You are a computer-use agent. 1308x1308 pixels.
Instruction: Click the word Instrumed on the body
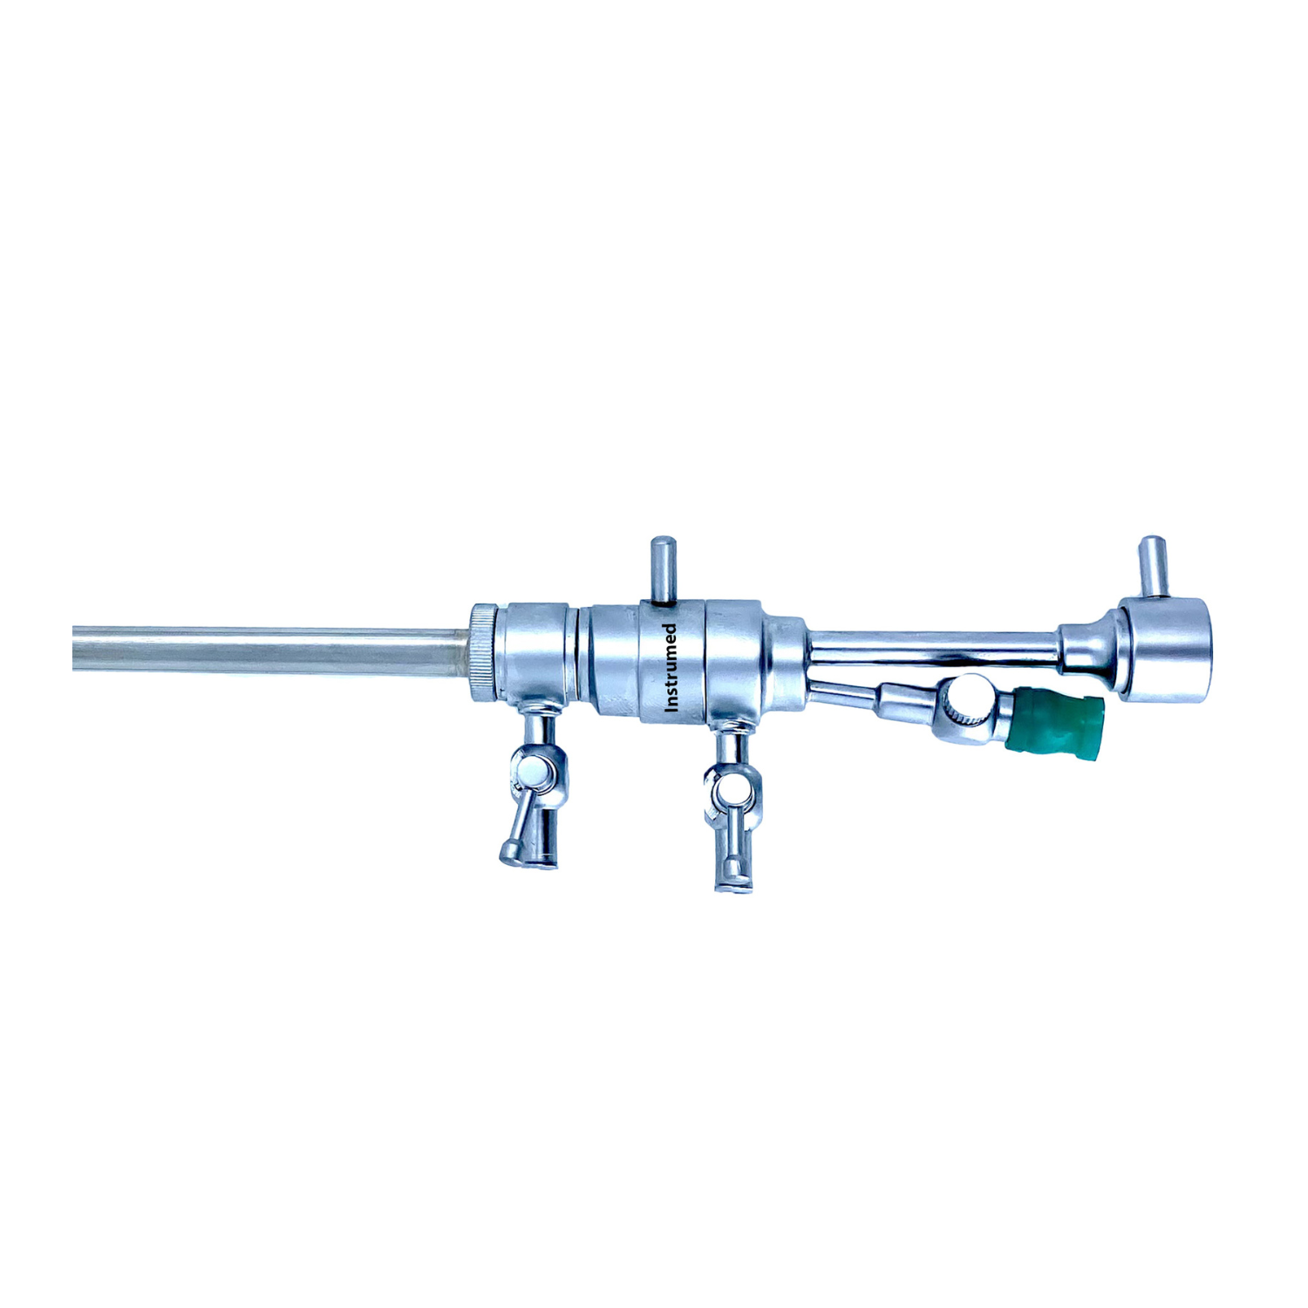671,667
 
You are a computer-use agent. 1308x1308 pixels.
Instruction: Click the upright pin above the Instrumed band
664,569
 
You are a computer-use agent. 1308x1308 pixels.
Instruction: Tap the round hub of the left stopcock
534,771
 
